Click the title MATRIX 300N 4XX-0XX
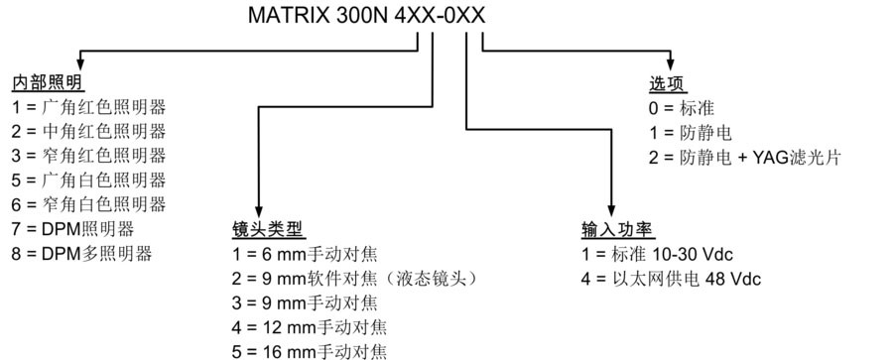pyautogui.click(x=367, y=16)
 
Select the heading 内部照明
pyautogui.click(x=48, y=83)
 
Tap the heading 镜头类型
pyautogui.click(x=269, y=230)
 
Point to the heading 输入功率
pyautogui.click(x=618, y=230)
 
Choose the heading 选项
pyautogui.click(x=668, y=83)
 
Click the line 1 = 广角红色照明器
pyautogui.click(x=89, y=107)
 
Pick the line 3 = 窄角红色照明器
pyautogui.click(x=89, y=156)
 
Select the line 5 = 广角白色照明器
pyautogui.click(x=89, y=180)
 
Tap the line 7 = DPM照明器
pyautogui.click(x=72, y=229)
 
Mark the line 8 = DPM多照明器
pyautogui.click(x=82, y=254)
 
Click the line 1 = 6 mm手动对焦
pyautogui.click(x=305, y=254)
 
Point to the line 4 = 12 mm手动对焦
pyautogui.click(x=310, y=327)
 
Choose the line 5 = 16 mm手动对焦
pyautogui.click(x=310, y=351)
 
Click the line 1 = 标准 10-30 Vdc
pyautogui.click(x=657, y=254)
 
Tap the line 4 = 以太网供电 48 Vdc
pyautogui.click(x=671, y=279)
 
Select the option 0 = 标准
pyautogui.click(x=682, y=108)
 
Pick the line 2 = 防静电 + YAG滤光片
pyautogui.click(x=745, y=157)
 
